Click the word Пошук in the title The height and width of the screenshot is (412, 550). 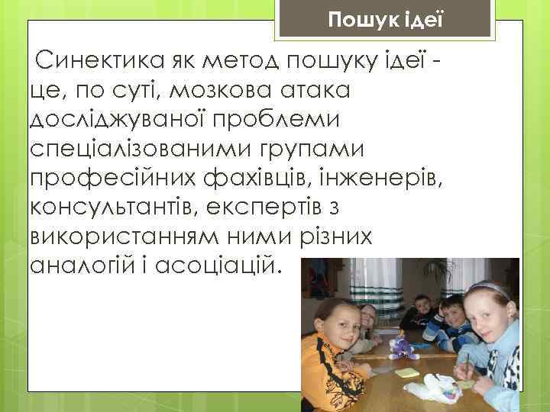pyautogui.click(x=354, y=18)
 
